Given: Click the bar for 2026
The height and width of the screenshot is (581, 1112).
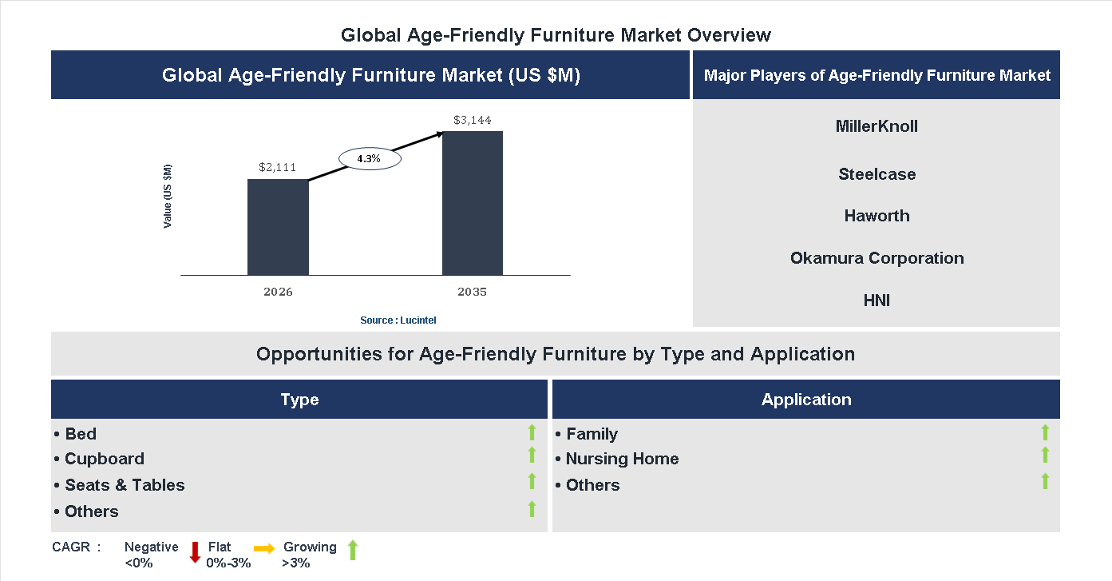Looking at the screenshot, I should pyautogui.click(x=278, y=227).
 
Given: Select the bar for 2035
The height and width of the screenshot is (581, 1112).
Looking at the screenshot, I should pyautogui.click(x=473, y=203).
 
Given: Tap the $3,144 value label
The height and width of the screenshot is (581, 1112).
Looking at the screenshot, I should pyautogui.click(x=473, y=121).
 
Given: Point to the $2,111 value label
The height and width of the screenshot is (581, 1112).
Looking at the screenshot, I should pyautogui.click(x=278, y=168).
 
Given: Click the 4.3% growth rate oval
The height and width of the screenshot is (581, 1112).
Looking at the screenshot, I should pyautogui.click(x=369, y=159).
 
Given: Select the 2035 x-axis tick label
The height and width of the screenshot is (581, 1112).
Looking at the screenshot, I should pyautogui.click(x=473, y=292).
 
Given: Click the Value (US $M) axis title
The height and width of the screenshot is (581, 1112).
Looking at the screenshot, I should pyautogui.click(x=168, y=196).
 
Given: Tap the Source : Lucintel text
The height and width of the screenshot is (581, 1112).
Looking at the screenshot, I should pyautogui.click(x=398, y=320).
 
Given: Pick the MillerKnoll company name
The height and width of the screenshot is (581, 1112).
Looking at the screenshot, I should pyautogui.click(x=877, y=126).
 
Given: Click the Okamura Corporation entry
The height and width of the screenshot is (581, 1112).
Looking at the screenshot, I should pyautogui.click(x=877, y=258).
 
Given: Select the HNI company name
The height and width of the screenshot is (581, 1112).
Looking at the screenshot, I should pyautogui.click(x=877, y=300).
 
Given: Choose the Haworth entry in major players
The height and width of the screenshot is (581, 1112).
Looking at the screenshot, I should pyautogui.click(x=877, y=216).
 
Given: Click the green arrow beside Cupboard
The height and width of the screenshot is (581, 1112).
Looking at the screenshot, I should pyautogui.click(x=532, y=456).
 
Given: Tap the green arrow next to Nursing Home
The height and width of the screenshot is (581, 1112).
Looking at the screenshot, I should pyautogui.click(x=1045, y=456).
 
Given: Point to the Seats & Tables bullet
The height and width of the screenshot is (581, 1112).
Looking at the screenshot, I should pyautogui.click(x=120, y=485).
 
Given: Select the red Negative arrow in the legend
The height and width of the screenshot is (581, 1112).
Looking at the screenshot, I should pyautogui.click(x=195, y=552).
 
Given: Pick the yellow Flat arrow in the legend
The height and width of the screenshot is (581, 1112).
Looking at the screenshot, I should pyautogui.click(x=264, y=548).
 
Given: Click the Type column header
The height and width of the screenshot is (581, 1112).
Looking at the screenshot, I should pyautogui.click(x=299, y=400).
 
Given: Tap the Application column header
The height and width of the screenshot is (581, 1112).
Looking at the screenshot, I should pyautogui.click(x=806, y=400).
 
